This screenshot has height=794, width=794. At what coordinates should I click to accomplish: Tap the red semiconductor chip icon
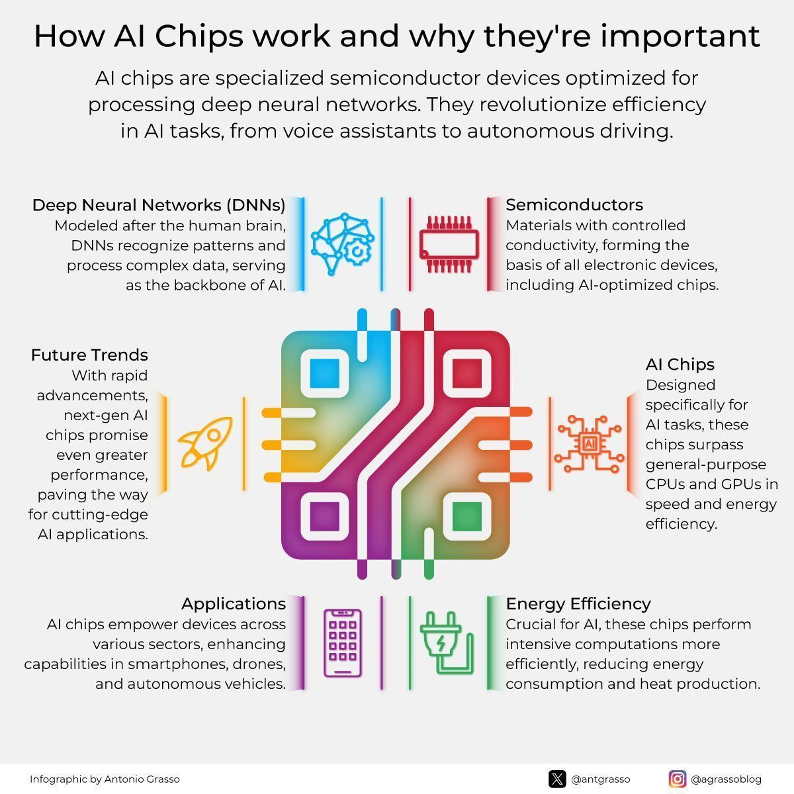pos(449,244)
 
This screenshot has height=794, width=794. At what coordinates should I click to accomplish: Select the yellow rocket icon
pos(205,443)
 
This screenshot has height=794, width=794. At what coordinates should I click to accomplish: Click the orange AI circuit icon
pos(590,444)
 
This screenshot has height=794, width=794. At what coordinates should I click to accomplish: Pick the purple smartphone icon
pos(342,643)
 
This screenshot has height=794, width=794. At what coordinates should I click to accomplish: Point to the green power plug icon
pos(447,642)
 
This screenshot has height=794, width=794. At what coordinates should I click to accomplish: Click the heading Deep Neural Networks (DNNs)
pos(159,205)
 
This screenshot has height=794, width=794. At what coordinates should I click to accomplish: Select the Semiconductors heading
pos(574,204)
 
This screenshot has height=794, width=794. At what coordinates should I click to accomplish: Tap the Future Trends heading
pos(89,355)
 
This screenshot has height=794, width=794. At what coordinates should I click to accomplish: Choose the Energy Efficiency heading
pos(578,604)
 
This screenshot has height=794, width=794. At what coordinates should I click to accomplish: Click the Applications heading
pos(234,604)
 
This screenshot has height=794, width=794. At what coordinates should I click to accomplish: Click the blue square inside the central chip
pos(325,373)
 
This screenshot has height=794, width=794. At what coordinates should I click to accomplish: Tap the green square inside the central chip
pos(467,516)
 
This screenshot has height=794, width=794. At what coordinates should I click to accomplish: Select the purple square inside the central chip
pos(325,516)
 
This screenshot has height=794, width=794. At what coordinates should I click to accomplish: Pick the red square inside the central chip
pos(467,373)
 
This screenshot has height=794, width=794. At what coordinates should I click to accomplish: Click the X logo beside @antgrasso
pos(557,779)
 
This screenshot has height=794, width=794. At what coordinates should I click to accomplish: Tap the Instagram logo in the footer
pos(678,779)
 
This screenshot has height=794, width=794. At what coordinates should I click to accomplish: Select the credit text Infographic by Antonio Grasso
pos(105,779)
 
